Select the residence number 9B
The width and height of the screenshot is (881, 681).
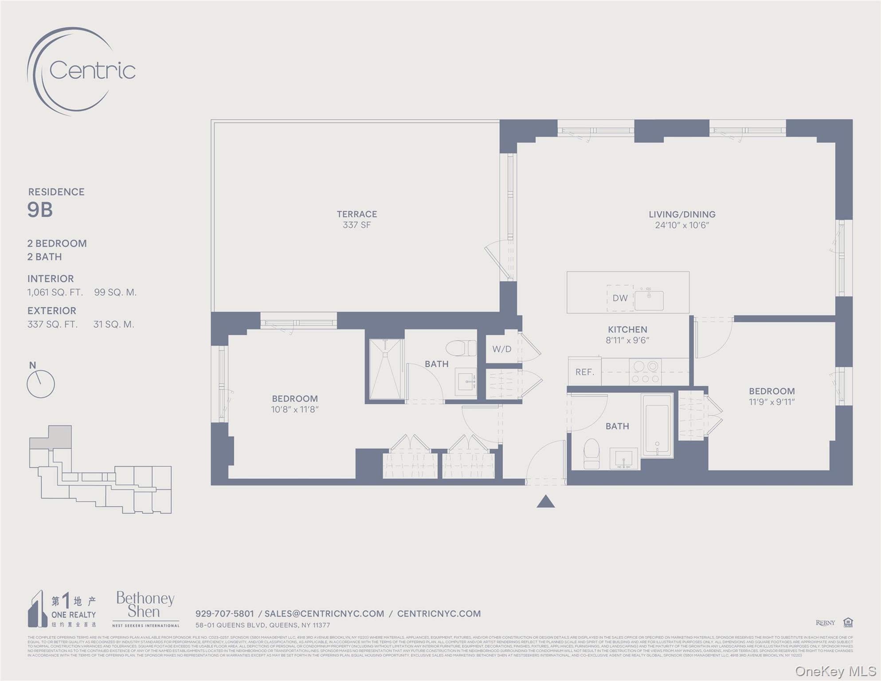[x=40, y=210]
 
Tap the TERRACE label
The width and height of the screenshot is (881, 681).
[x=356, y=214]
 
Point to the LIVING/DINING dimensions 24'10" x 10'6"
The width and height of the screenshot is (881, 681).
[x=682, y=225]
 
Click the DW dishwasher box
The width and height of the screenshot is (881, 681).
[x=620, y=298]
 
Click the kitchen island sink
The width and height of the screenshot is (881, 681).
[x=649, y=300]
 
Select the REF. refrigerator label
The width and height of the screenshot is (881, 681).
[x=584, y=372]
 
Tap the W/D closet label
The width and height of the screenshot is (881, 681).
[x=501, y=349]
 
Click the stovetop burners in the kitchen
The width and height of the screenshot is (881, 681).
[x=645, y=372]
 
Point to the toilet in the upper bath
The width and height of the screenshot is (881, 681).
[x=461, y=348]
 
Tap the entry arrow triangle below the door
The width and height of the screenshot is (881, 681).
[x=545, y=501]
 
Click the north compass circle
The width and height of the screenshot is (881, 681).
[x=41, y=384]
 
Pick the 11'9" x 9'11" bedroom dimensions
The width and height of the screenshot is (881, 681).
[x=771, y=402]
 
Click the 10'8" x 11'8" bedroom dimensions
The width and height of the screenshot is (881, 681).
[x=295, y=410]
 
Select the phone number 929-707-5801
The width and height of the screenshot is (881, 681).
[x=224, y=614]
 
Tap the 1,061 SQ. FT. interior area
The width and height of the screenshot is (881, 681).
[x=55, y=293]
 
